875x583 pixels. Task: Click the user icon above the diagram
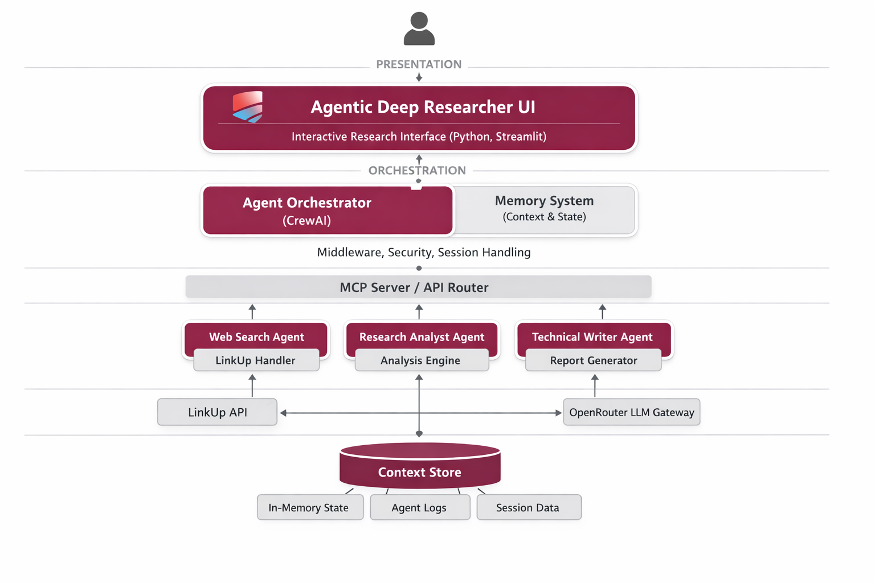click(419, 29)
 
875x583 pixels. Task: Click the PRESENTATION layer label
click(419, 64)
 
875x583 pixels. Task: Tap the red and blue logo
click(247, 106)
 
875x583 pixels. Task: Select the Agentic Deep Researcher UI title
click(423, 107)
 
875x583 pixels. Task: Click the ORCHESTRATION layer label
click(417, 170)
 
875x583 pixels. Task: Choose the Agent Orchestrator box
click(328, 211)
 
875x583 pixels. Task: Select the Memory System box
click(544, 209)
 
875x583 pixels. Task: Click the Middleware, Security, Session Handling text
click(424, 252)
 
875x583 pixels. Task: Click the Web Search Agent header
click(256, 336)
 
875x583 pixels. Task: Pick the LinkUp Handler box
click(256, 360)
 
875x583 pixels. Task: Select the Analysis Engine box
click(421, 360)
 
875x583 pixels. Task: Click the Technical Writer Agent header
click(592, 336)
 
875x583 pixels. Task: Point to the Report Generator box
click(593, 360)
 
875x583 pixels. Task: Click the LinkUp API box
click(217, 412)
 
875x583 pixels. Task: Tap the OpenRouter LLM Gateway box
click(631, 412)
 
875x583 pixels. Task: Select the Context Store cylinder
click(420, 468)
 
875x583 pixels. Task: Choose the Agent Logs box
click(419, 507)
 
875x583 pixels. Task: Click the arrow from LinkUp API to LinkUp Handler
click(252, 386)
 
